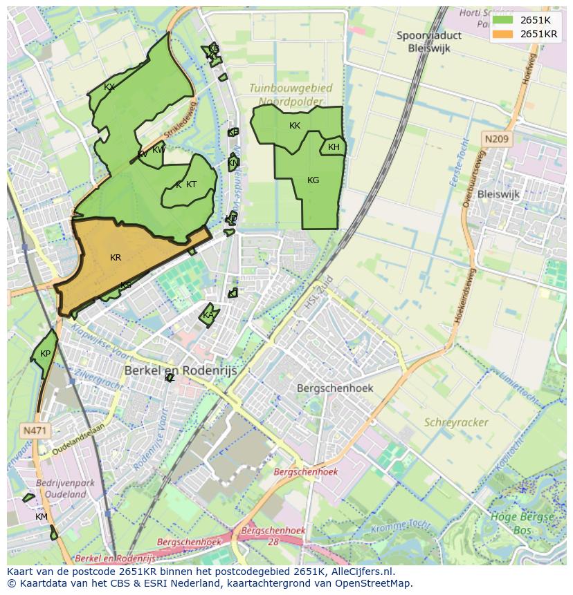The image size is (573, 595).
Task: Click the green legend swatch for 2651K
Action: pos(504,20)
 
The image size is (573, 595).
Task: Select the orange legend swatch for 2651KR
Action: pos(504,34)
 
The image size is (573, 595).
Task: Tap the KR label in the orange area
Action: pos(116,258)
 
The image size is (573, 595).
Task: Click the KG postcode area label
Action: pos(313,180)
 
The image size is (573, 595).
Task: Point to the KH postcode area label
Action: pos(334,147)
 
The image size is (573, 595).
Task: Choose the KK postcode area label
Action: pos(295,126)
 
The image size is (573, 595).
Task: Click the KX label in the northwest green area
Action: pos(109,87)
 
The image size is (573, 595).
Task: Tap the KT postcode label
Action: pos(191,185)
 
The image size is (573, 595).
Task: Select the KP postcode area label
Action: pos(45,354)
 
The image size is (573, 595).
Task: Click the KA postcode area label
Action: pos(208,316)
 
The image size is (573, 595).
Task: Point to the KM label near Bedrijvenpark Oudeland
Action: pos(42,517)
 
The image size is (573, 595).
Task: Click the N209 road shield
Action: pos(496,140)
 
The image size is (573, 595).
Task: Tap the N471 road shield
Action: pos(35,431)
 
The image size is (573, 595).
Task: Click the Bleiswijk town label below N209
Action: pos(498,194)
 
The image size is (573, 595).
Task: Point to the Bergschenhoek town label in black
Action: pos(335,388)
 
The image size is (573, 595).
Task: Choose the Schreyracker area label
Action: pos(456,422)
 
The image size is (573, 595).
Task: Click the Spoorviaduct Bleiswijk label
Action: pos(429,41)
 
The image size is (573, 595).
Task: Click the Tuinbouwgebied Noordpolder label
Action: pos(291,95)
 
